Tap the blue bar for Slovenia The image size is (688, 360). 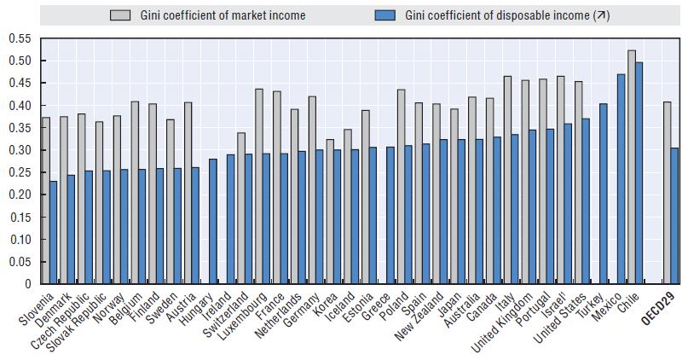point(54,232)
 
